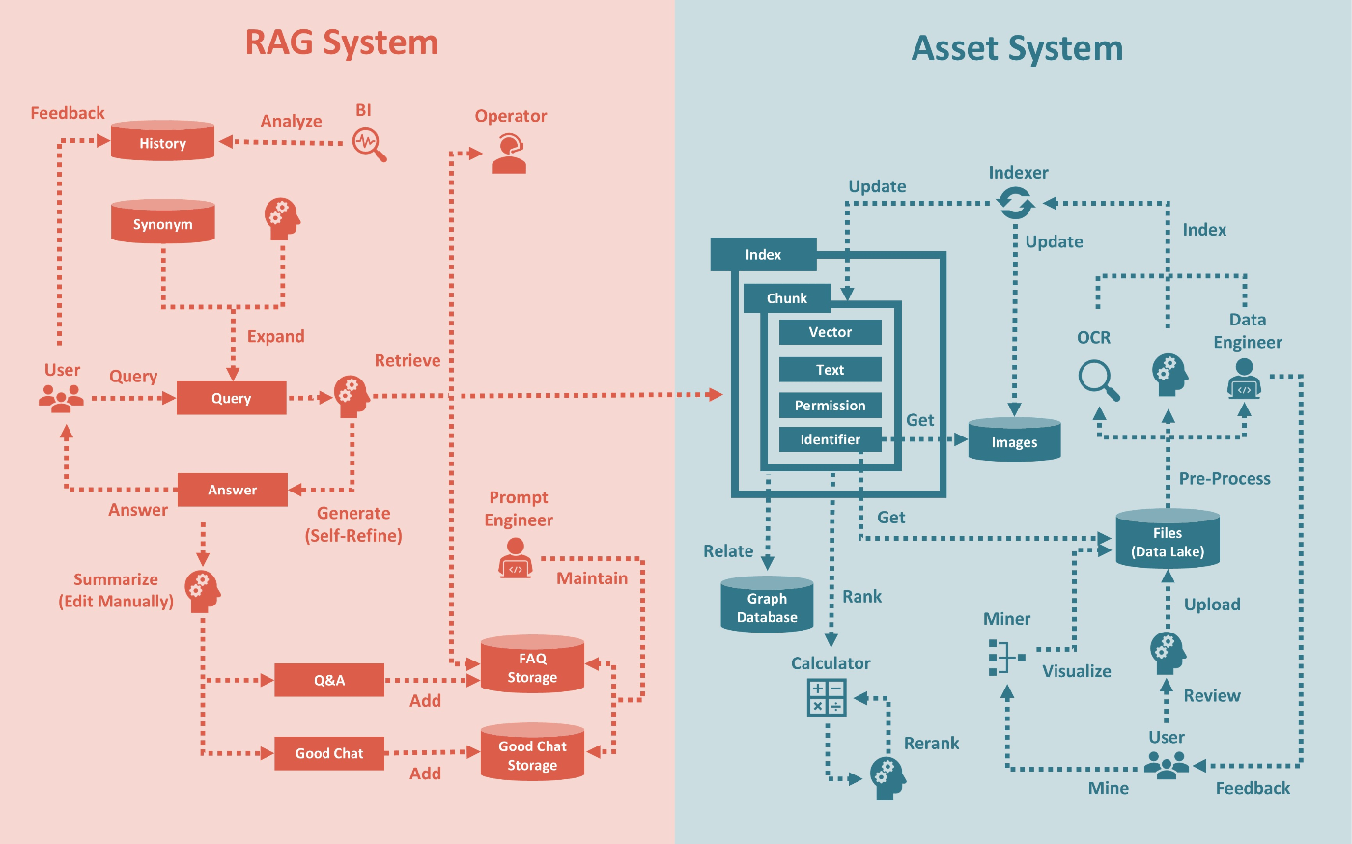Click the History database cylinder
[x=162, y=141]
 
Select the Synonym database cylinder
[x=162, y=222]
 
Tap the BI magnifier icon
[x=369, y=145]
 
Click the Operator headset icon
[x=509, y=155]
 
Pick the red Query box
[x=231, y=398]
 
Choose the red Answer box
[x=232, y=490]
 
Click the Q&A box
[x=329, y=680]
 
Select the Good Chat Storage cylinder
[x=532, y=753]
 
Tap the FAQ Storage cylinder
[x=532, y=665]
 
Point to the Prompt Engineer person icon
[x=515, y=558]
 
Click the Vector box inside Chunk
[x=830, y=332]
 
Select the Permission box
[x=830, y=406]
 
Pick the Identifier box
[x=830, y=439]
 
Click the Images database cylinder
[x=1014, y=440]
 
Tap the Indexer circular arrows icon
[x=1016, y=204]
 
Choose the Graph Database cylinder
[x=767, y=606]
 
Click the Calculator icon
[x=827, y=697]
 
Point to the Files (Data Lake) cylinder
[x=1167, y=541]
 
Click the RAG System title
[x=341, y=42]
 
